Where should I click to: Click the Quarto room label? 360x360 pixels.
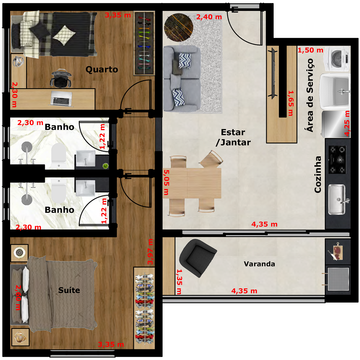tap(102, 70)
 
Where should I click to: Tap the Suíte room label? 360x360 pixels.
tap(69, 290)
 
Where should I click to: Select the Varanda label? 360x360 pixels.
tap(259, 264)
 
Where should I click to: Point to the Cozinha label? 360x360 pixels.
tap(318, 174)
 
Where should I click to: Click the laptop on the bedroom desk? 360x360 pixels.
tap(61, 98)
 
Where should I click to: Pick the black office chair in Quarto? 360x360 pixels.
tap(61, 78)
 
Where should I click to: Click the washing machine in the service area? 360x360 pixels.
tap(337, 59)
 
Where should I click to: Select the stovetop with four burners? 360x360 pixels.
tap(337, 160)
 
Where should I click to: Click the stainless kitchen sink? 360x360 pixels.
tap(337, 199)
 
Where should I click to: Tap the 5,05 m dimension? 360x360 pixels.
tap(166, 182)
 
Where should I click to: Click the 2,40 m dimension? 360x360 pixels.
tap(209, 17)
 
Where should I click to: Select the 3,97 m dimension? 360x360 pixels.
tap(150, 251)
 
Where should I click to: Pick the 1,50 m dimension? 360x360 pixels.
tap(310, 50)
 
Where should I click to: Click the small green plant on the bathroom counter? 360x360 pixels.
tap(106, 166)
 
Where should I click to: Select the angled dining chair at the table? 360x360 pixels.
tap(212, 159)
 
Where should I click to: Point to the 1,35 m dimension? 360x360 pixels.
tap(179, 282)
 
